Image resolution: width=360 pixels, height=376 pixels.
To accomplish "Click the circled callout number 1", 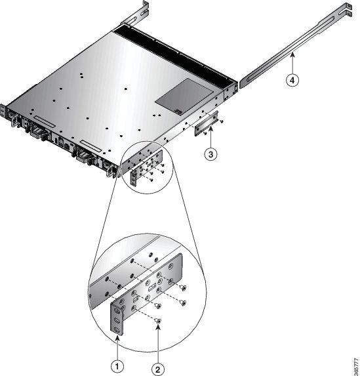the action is [x=117, y=366].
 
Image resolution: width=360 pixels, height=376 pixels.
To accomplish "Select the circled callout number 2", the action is [x=158, y=369].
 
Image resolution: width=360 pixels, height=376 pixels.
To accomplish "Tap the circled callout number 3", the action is [x=210, y=154].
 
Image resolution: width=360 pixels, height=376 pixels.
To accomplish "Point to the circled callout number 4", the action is [x=292, y=80].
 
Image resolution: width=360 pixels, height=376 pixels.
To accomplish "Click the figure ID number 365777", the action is [x=357, y=367].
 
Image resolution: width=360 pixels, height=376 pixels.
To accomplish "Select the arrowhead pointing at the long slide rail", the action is [x=292, y=55].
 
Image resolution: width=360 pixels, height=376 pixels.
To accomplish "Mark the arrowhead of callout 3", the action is [x=210, y=129].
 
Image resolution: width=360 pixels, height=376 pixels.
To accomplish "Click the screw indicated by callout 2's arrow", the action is [x=158, y=320].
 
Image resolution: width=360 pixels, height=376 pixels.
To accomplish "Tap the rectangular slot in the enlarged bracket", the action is [x=152, y=286].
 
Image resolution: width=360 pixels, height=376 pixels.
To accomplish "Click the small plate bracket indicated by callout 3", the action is [x=206, y=124].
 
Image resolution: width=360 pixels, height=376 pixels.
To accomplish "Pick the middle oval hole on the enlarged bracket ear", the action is [x=117, y=320].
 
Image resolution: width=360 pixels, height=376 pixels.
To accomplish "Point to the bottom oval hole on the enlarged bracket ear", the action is [x=117, y=330].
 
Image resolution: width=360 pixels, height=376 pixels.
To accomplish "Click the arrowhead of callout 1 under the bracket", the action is [x=117, y=338].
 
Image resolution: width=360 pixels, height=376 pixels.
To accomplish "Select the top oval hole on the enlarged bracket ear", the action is [x=117, y=311].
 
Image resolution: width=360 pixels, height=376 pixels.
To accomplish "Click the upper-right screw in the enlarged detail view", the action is [x=184, y=287].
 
